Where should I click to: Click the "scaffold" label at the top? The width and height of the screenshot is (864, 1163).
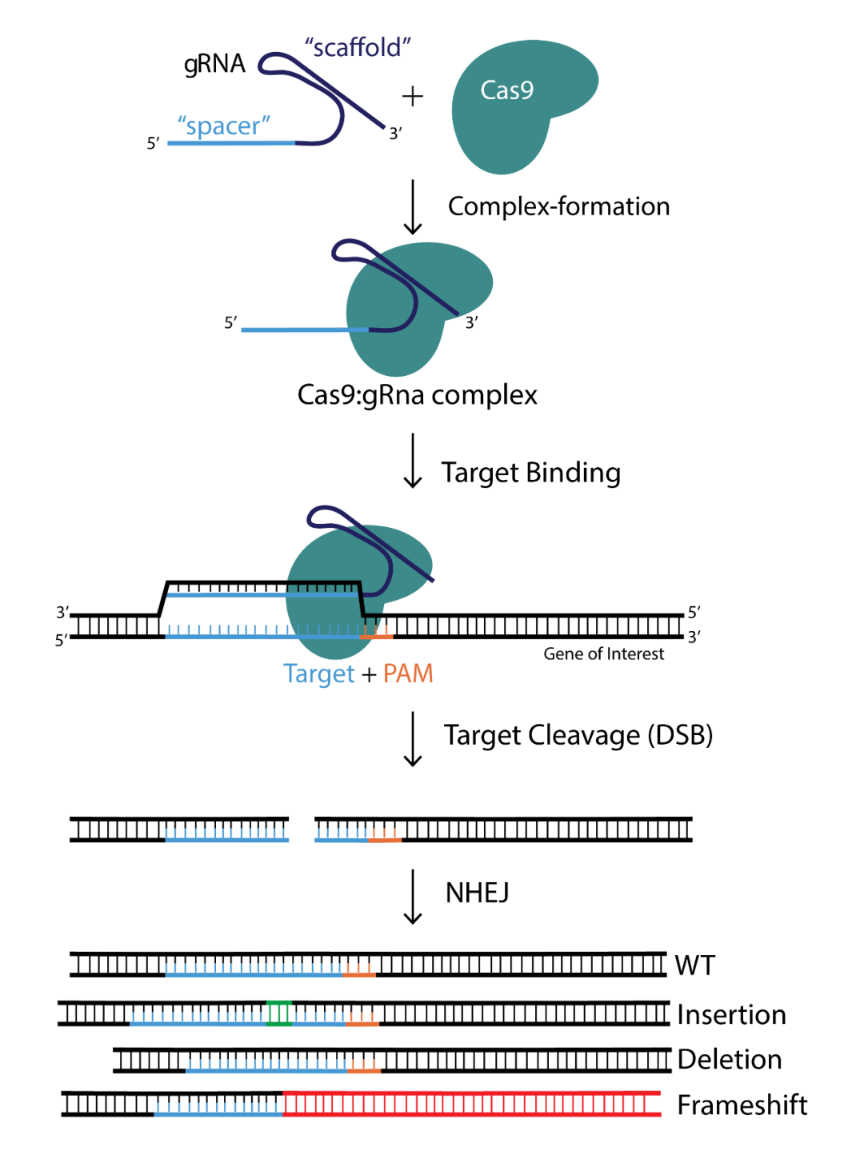(358, 48)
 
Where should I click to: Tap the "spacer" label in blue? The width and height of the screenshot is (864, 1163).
(223, 126)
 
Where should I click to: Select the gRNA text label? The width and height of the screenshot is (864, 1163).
(214, 64)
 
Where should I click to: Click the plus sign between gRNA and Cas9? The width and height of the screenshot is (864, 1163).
(412, 97)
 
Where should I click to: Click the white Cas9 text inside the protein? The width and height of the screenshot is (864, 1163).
(506, 90)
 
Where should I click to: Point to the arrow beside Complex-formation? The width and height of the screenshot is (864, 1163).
(413, 207)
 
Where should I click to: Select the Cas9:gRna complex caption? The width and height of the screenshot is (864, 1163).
(417, 395)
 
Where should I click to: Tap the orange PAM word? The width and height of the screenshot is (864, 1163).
(408, 673)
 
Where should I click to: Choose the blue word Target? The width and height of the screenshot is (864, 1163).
(318, 673)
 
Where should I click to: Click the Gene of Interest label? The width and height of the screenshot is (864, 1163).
(603, 654)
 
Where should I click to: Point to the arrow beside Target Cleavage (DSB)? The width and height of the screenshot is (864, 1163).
(413, 738)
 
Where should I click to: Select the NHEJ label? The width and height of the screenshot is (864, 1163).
(477, 893)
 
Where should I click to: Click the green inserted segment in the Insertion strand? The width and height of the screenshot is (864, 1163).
(279, 1013)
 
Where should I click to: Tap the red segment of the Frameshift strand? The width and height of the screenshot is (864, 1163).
(472, 1104)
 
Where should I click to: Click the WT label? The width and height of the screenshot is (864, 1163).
(694, 965)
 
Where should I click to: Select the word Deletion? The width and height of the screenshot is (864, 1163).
(729, 1060)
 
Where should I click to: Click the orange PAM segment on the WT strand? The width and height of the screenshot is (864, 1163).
(359, 970)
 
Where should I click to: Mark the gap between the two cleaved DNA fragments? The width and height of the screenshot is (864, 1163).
(302, 829)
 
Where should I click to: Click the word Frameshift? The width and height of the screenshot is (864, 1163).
(742, 1105)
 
